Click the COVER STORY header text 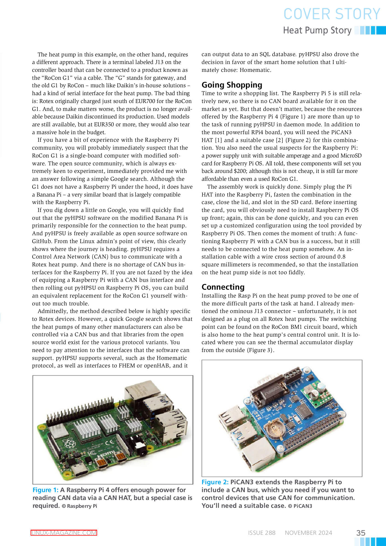[332, 14]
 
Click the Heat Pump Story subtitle [317, 30]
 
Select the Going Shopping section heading [232, 85]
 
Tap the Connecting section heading [223, 287]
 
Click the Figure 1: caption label [45, 490]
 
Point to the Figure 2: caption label [215, 482]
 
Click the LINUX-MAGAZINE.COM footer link [64, 533]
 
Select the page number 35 [361, 533]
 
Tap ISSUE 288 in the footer [262, 533]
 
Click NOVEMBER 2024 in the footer [308, 533]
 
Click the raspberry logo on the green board [69, 443]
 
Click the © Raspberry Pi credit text [79, 506]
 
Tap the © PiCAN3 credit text [300, 506]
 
